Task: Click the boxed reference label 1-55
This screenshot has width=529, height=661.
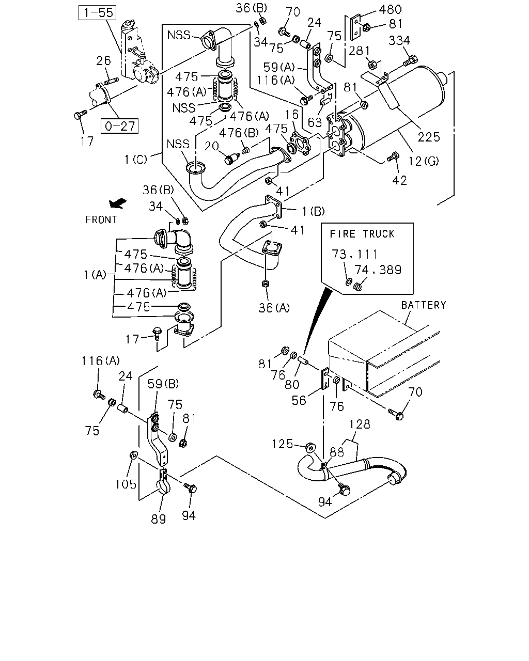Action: [97, 12]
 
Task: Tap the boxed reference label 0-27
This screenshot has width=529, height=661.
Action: [119, 126]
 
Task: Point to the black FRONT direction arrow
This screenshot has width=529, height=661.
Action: [118, 203]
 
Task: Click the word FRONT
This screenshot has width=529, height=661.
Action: [101, 219]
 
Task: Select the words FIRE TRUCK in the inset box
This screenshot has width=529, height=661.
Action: [362, 234]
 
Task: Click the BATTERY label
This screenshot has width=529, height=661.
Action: [424, 305]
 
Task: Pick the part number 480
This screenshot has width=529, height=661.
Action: [391, 9]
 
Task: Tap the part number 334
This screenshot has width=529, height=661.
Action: [399, 41]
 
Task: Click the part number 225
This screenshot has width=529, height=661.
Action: [429, 137]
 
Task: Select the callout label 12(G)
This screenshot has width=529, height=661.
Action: [424, 161]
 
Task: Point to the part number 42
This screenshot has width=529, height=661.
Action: [400, 180]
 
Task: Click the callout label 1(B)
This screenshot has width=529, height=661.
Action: [313, 211]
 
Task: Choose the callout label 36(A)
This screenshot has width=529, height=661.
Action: [274, 308]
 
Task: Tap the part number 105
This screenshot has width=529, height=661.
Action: [126, 484]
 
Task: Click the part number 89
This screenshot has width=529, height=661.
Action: [159, 519]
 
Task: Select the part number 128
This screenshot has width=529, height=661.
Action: [360, 424]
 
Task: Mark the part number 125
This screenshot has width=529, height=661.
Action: [283, 444]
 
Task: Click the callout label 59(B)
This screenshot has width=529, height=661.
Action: [163, 384]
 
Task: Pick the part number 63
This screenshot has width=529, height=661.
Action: [315, 122]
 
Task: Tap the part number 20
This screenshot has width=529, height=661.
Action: [212, 146]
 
